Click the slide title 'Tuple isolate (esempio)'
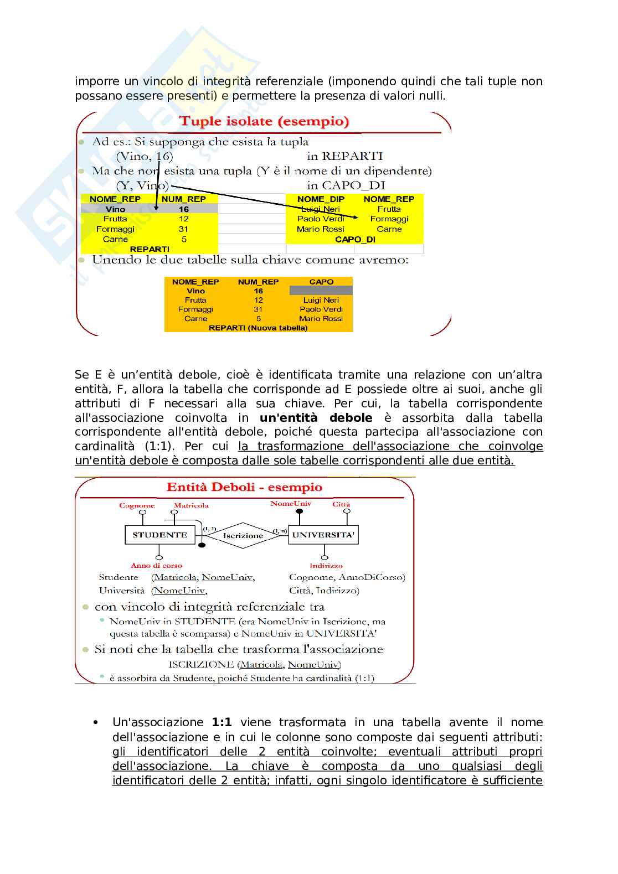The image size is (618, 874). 264,121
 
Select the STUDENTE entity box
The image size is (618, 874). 159,535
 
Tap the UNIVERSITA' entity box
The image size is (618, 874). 323,535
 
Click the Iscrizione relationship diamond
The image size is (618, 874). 243,535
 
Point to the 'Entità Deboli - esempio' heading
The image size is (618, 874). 244,487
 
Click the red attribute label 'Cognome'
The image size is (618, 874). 137,505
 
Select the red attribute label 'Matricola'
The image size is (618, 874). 191,505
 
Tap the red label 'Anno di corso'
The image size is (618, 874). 156,565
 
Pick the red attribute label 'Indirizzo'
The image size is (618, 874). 326,565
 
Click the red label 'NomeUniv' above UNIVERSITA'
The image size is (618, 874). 291,504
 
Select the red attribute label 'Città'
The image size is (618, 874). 341,504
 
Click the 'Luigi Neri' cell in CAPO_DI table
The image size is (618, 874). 321,209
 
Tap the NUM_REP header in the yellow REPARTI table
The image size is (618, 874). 183,199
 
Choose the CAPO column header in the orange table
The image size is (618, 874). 321,282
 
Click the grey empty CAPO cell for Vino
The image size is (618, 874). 321,291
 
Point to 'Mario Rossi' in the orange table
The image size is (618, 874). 321,318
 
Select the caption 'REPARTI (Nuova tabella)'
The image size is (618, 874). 258,328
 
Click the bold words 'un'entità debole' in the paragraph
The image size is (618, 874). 316,418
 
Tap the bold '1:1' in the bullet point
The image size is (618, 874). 222,722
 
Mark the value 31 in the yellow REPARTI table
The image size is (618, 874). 183,229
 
